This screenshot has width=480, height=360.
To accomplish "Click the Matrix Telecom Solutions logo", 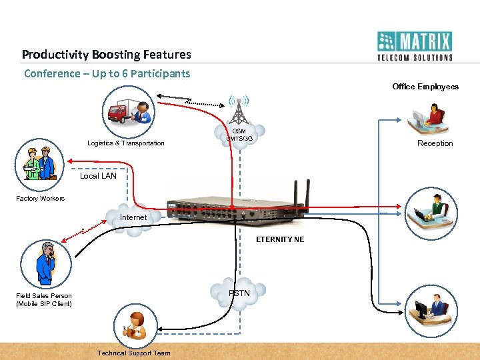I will [x=414, y=46].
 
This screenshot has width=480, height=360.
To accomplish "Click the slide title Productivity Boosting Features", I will [x=106, y=55].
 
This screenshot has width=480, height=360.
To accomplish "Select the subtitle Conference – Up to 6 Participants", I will [x=107, y=73].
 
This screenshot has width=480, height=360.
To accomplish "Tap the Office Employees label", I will [x=425, y=87].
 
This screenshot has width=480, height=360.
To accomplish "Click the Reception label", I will [x=435, y=143].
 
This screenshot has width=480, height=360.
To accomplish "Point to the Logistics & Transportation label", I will [x=126, y=143].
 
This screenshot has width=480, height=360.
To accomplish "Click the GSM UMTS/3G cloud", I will [x=239, y=135].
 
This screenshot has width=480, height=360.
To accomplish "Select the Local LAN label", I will [x=98, y=176].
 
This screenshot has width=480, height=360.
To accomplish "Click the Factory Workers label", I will [x=41, y=199].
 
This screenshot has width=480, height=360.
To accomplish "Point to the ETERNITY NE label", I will [x=280, y=239].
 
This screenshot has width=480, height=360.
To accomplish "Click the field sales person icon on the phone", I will [x=46, y=263].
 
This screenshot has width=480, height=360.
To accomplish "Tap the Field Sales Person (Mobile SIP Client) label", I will [x=44, y=299].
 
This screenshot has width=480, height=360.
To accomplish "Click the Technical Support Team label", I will [x=134, y=353].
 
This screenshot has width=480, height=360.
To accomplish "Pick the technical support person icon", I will [x=137, y=325].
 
